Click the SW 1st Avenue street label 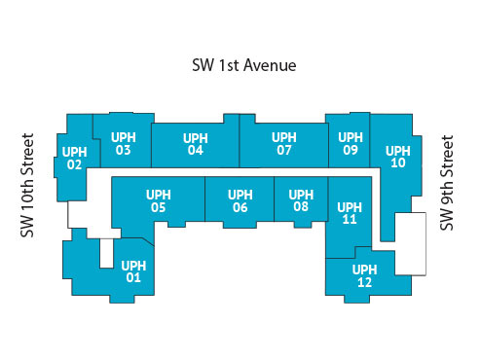(x=243, y=65)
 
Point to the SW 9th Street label (x=447, y=183)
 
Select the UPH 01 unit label (x=133, y=271)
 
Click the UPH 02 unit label (x=74, y=159)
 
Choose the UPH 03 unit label (x=123, y=143)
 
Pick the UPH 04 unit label (x=195, y=144)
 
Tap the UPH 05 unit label (x=158, y=200)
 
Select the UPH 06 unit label (x=240, y=201)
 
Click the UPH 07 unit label (x=283, y=144)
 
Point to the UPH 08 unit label (x=301, y=200)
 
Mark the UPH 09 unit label (x=351, y=144)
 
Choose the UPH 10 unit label (x=397, y=157)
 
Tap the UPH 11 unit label (x=349, y=214)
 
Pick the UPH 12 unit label (x=364, y=276)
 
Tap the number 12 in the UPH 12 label (x=364, y=283)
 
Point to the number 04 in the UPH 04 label (x=195, y=151)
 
